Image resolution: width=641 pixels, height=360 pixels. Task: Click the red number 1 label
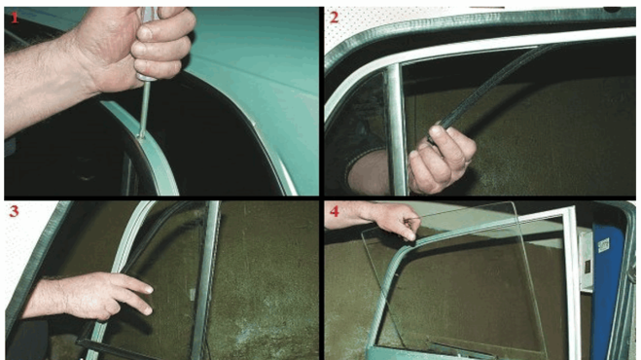coord(15,18)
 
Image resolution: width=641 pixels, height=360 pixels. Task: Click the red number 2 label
coord(334,18)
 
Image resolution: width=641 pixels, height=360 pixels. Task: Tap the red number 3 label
coord(14,211)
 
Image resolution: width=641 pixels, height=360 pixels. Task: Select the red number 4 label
coord(335,211)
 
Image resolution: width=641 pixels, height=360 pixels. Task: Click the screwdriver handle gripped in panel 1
coord(146,41)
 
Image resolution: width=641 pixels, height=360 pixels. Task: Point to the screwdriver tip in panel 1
coord(141,134)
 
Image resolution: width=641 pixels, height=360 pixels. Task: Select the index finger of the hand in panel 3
coord(133,283)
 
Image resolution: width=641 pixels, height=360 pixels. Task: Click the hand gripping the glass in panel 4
coord(392,219)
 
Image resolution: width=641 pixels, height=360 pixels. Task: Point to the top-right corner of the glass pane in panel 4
coord(514,202)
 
